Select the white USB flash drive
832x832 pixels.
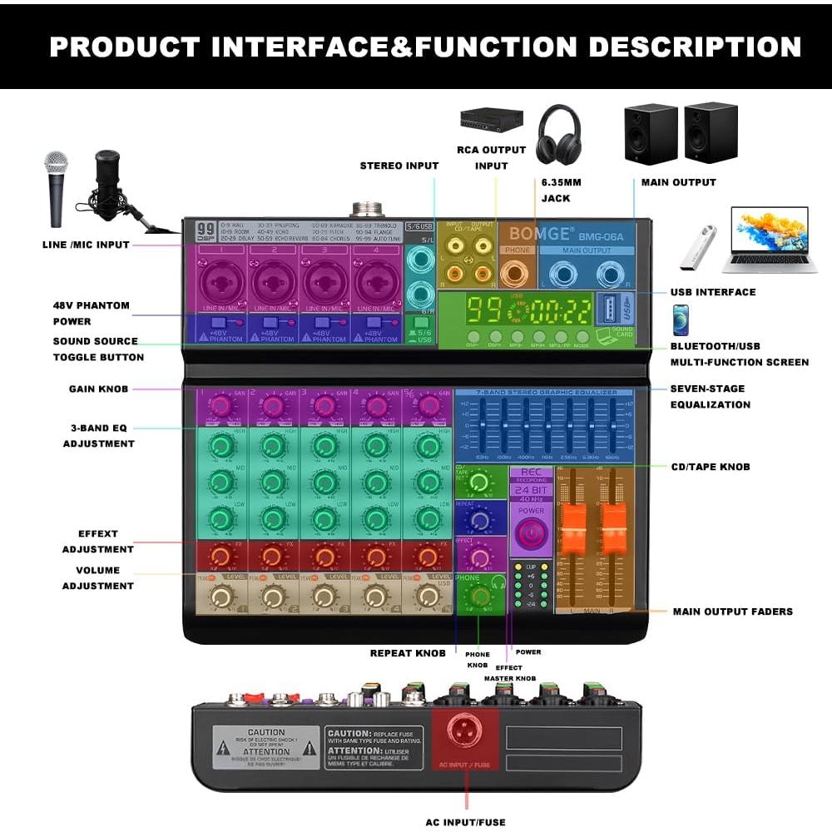pyautogui.click(x=697, y=248)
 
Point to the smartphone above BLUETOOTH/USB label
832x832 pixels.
pyautogui.click(x=681, y=319)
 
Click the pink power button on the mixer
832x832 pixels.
pyautogui.click(x=530, y=533)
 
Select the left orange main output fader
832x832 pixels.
pyautogui.click(x=572, y=525)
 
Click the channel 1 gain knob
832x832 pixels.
pyautogui.click(x=220, y=406)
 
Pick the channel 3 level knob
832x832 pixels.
pyautogui.click(x=324, y=596)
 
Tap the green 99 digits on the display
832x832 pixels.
pyautogui.click(x=483, y=310)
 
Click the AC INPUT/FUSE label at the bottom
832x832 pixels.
pyautogui.click(x=465, y=822)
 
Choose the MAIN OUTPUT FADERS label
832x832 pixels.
pyautogui.click(x=732, y=612)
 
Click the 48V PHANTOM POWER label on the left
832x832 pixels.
pyautogui.click(x=92, y=313)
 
